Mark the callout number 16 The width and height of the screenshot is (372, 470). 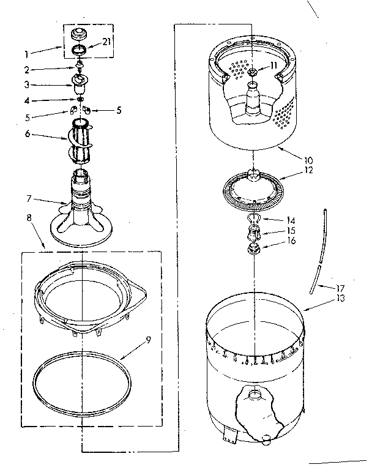pos(291,241)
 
